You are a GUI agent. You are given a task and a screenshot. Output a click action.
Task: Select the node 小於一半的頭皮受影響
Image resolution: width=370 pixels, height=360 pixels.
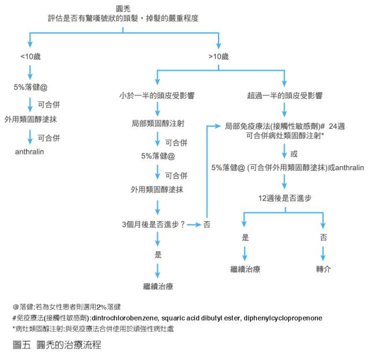pos(156,95)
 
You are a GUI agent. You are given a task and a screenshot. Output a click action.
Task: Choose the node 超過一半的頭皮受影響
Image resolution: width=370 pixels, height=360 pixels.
pos(284,95)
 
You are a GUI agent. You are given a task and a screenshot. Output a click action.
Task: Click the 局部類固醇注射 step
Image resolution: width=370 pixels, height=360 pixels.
pos(156,123)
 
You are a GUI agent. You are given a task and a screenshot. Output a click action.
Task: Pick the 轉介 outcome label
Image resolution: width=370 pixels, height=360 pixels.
pos(323,269)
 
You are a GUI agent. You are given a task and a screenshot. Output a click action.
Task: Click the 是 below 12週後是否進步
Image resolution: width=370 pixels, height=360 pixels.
pos(245,237)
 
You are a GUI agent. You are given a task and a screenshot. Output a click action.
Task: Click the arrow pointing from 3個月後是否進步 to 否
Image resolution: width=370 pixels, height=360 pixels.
pos(194,224)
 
